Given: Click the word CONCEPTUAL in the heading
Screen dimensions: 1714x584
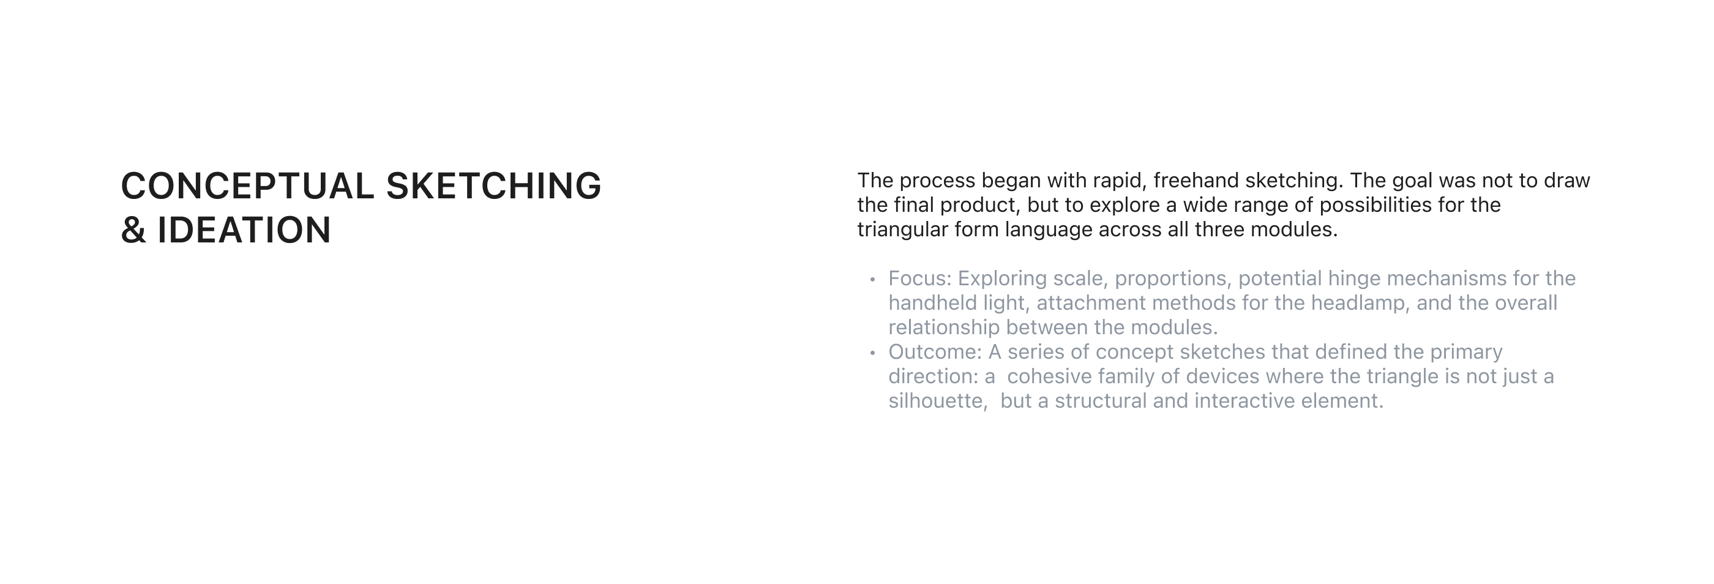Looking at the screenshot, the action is click(x=247, y=185).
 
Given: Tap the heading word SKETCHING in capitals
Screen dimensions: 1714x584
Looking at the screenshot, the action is click(x=494, y=185).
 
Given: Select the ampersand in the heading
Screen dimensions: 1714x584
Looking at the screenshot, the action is click(x=133, y=230).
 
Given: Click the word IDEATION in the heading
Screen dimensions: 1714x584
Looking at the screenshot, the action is click(x=244, y=230).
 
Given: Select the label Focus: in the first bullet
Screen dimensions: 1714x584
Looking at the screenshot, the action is click(x=919, y=278).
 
